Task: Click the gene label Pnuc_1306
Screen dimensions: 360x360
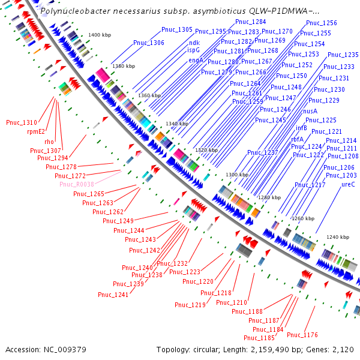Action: tap(149, 43)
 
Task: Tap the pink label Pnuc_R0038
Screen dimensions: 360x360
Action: tap(77, 184)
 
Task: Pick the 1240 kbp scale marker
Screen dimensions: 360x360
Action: tap(337, 237)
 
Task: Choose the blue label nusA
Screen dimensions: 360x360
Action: tap(310, 111)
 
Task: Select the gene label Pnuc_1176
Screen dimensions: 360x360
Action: tap(302, 334)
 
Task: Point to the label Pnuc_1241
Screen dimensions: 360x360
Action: tap(113, 295)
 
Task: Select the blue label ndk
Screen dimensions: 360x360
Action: tap(194, 43)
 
